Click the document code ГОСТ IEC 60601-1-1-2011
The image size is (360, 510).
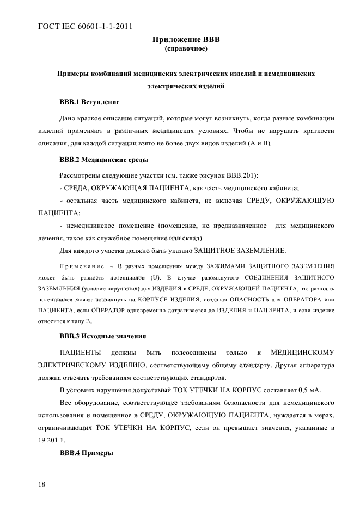click(86, 26)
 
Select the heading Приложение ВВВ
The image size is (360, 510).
click(186, 39)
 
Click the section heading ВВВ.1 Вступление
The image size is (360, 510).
click(89, 102)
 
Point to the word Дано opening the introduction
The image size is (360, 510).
click(68, 117)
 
